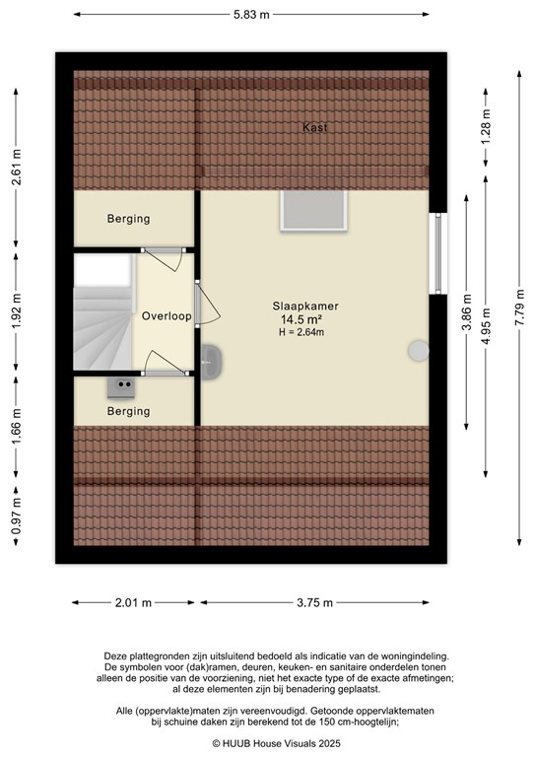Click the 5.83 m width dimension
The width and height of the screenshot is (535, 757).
pos(251,15)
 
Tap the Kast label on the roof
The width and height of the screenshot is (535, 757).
pos(315,128)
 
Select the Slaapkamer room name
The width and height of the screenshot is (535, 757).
pos(305,307)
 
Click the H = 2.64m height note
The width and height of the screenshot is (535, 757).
pos(301,333)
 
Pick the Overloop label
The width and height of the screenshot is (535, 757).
pos(166,316)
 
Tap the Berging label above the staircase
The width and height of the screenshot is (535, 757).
pos(129,219)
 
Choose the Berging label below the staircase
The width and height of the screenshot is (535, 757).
pos(129,411)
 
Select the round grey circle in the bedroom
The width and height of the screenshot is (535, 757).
pos(419,350)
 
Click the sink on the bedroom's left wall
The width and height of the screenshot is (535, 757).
pos(211,361)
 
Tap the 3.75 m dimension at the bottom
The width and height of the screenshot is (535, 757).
pos(315,603)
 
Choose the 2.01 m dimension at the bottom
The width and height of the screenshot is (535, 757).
pos(134,603)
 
